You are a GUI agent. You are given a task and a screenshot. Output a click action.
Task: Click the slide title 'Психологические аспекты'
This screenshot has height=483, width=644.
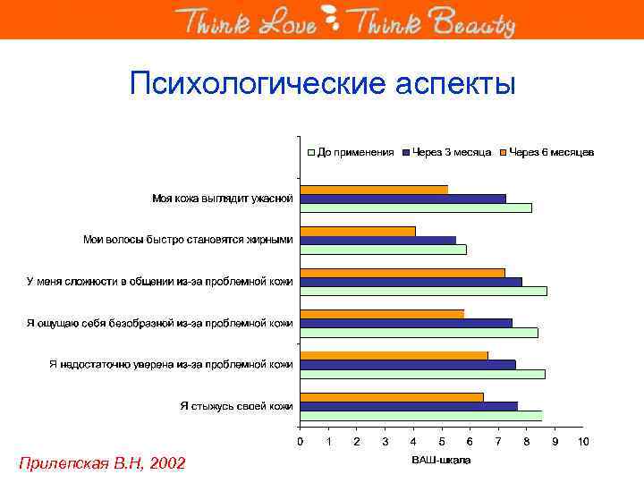322,84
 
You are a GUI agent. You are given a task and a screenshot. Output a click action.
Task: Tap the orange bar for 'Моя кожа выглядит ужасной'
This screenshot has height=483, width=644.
374,189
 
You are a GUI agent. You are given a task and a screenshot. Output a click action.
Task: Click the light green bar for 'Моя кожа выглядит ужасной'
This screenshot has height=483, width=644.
416,208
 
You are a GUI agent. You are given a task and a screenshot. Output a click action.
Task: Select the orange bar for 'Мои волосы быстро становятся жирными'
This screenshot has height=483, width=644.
358,231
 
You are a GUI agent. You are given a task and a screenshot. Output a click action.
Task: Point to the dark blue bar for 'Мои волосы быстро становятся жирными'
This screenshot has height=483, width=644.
377,240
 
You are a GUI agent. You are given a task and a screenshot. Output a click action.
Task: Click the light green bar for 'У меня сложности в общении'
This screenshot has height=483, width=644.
423,291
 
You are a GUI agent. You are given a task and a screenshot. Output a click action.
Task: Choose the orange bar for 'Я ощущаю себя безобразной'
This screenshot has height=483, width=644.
382,313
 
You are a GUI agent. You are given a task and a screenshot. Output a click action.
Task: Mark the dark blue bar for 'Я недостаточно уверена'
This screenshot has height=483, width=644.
408,364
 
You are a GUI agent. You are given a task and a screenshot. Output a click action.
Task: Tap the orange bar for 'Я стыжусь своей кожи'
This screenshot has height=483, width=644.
392,396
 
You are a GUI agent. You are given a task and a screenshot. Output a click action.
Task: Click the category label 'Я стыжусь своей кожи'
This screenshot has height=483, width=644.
236,406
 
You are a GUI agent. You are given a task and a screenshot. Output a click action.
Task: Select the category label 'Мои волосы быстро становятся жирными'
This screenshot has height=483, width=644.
188,240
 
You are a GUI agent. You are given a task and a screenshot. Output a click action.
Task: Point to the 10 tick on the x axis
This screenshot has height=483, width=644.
583,442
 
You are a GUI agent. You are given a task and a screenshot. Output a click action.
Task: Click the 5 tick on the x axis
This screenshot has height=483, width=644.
442,442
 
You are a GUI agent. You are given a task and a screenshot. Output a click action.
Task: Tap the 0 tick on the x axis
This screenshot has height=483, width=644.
301,442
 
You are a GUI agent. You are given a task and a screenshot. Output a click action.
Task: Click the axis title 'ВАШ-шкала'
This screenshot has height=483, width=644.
440,461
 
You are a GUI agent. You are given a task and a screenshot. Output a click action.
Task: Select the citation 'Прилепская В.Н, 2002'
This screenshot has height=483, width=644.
102,462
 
